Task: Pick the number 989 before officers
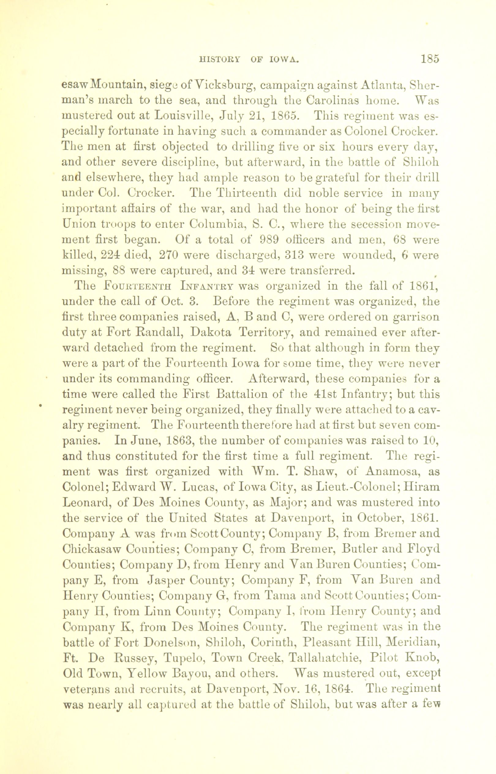(271, 240)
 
